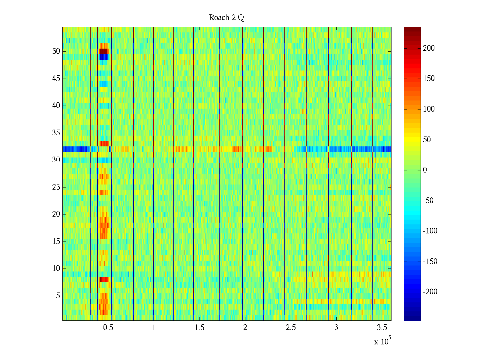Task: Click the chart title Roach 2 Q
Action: point(226,18)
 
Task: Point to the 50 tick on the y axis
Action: point(56,51)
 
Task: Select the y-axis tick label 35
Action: point(56,133)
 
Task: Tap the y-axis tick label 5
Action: point(58,296)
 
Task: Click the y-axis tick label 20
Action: point(56,214)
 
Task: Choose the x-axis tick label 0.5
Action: point(108,328)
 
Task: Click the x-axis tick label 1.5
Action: point(199,328)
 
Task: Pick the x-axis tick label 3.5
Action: point(382,328)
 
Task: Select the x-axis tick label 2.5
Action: point(291,328)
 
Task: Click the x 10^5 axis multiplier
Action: point(382,341)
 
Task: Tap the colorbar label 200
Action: point(429,48)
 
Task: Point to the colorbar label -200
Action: point(430,292)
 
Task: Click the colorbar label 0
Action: point(425,170)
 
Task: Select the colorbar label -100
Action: point(430,231)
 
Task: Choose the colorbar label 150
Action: point(429,79)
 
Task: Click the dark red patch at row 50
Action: point(104,51)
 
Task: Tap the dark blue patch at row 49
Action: point(104,57)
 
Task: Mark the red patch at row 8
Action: point(104,280)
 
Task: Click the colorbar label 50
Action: point(427,139)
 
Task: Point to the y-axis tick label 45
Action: point(56,79)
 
